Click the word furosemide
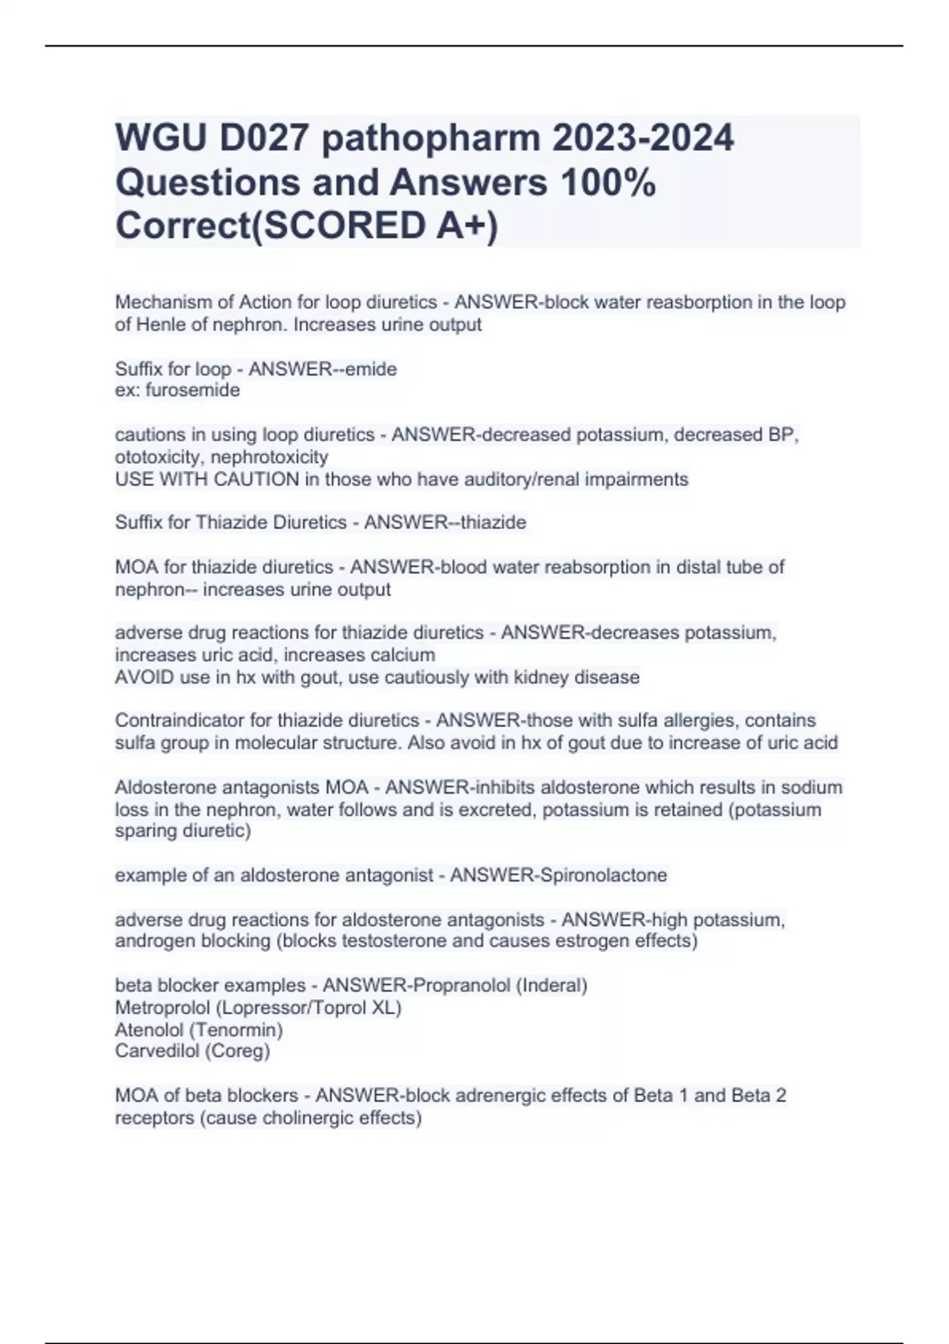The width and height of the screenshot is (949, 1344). (192, 390)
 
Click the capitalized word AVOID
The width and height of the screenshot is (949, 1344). (140, 678)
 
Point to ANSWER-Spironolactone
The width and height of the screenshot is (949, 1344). (558, 875)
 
